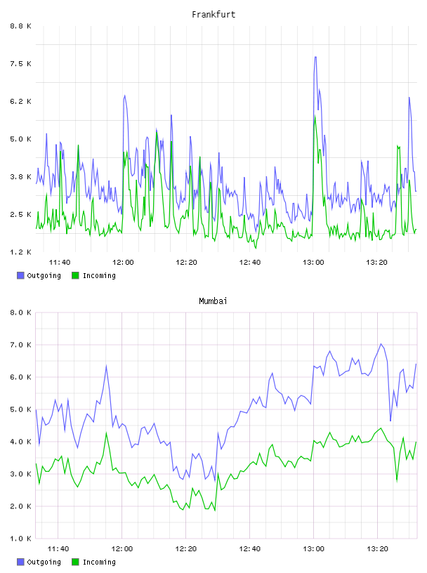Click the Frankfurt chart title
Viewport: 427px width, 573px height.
[x=213, y=15]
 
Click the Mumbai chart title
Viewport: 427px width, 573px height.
[x=213, y=301]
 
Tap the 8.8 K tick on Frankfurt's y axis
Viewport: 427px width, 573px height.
[x=20, y=26]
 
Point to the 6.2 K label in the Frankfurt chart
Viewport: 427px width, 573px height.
[x=20, y=101]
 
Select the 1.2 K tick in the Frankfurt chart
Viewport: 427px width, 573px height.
[x=20, y=252]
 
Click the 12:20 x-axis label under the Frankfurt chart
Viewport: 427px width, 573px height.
[x=186, y=263]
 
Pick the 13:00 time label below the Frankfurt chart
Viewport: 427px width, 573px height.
[x=313, y=263]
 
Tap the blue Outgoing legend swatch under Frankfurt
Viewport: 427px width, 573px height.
[x=20, y=275]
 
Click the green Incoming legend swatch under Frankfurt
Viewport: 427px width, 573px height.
[x=75, y=275]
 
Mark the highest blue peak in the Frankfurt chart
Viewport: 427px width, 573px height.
[x=315, y=57]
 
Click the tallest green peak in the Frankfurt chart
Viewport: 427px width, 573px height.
[x=315, y=116]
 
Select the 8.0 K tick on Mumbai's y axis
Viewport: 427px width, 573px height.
[x=20, y=312]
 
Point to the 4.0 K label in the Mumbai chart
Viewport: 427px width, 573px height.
[x=20, y=442]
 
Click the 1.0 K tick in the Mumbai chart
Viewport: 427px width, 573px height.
[x=20, y=539]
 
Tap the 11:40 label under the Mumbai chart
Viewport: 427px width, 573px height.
[x=58, y=549]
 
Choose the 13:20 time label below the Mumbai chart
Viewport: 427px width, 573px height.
[x=377, y=549]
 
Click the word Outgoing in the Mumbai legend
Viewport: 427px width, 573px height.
[x=44, y=562]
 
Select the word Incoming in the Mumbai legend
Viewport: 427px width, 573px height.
[x=99, y=562]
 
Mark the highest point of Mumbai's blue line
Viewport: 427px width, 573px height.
[x=381, y=344]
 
